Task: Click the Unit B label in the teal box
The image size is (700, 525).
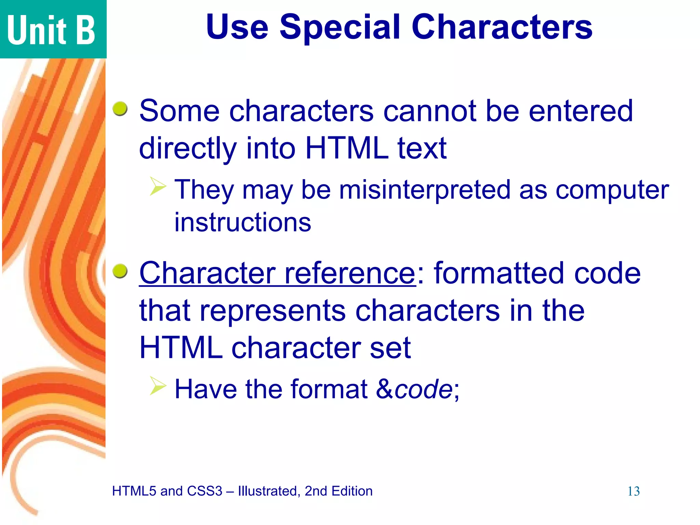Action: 51,30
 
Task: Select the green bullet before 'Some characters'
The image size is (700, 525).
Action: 120,109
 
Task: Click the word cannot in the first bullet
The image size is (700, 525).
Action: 430,111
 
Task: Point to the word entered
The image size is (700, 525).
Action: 581,111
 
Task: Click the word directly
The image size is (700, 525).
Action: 188,149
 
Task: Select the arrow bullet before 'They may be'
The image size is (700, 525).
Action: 158,186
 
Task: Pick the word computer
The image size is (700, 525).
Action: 612,190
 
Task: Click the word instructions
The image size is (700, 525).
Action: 243,222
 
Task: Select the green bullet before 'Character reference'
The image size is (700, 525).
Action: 120,271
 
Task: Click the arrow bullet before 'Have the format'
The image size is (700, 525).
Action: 158,386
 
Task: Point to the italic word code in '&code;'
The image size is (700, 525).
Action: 423,389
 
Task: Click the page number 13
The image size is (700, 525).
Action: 633,492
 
